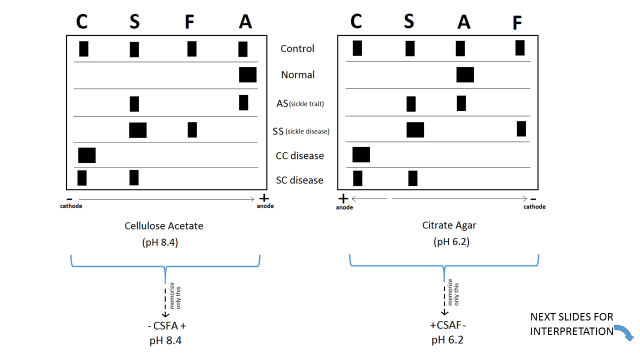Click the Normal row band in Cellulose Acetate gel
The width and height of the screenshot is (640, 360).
pyautogui.click(x=247, y=74)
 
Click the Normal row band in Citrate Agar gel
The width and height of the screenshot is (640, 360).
pyautogui.click(x=465, y=74)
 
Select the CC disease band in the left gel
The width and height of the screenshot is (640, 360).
pyautogui.click(x=87, y=154)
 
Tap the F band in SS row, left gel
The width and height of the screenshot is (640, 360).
pyautogui.click(x=192, y=129)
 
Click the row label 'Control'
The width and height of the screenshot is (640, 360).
pyautogui.click(x=298, y=48)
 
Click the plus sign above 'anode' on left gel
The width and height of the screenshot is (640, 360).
pyautogui.click(x=262, y=199)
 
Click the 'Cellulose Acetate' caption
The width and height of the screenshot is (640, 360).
pyautogui.click(x=165, y=226)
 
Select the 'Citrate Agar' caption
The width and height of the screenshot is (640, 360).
pyautogui.click(x=445, y=226)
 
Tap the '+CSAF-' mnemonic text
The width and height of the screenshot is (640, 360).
pyautogui.click(x=445, y=325)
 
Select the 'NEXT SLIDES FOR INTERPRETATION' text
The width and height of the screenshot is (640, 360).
pyautogui.click(x=572, y=324)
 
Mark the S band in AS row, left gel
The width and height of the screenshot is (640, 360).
pyautogui.click(x=134, y=103)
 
